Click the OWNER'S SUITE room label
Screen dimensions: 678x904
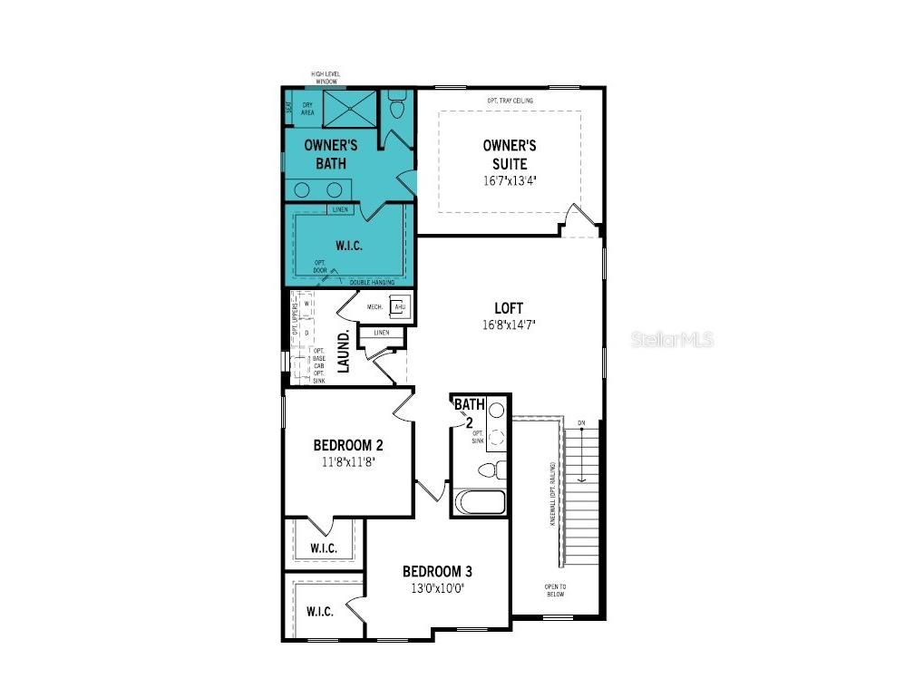(x=510, y=154)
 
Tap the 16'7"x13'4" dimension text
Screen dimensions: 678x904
(x=510, y=180)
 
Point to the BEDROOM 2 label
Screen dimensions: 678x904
(x=348, y=445)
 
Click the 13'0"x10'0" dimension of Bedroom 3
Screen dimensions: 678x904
(x=438, y=587)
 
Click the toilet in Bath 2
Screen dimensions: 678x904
(x=491, y=470)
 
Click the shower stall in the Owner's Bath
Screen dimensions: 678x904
(x=346, y=108)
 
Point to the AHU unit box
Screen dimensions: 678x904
(x=399, y=307)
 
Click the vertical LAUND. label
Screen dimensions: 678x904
(x=345, y=353)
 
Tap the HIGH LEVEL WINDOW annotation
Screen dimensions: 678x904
(x=326, y=78)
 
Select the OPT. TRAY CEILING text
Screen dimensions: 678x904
(x=510, y=100)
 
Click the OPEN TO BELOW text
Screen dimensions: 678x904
(x=556, y=591)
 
